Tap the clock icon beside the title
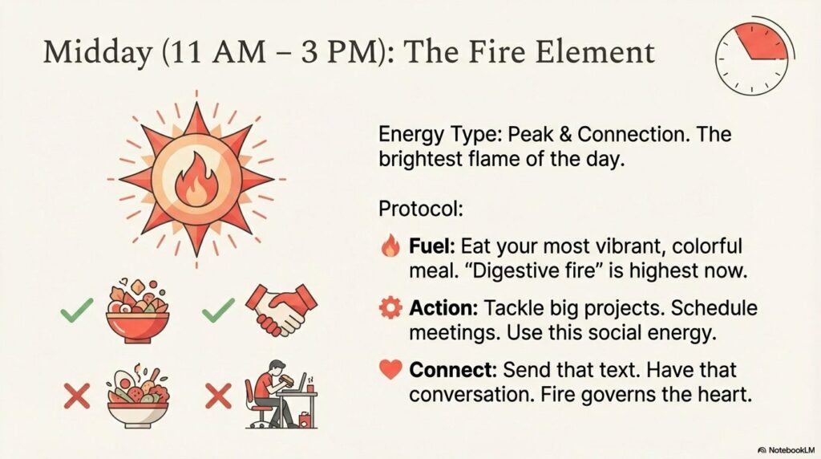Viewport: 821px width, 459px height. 754,59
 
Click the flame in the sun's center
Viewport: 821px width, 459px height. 196,179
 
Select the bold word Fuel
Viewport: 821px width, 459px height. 432,246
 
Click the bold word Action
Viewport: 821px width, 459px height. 443,308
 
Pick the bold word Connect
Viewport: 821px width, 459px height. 453,370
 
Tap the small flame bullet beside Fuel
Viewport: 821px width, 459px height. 390,246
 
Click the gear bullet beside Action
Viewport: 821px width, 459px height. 390,308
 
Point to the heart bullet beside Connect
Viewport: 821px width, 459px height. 390,370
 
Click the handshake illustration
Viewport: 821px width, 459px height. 281,310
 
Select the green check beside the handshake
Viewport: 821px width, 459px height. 218,311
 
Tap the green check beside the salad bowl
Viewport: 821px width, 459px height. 77,311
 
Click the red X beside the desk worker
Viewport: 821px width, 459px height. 218,396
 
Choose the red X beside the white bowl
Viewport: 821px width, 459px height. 77,396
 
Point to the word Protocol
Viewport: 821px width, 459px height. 421,209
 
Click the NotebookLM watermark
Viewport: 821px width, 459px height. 787,450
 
